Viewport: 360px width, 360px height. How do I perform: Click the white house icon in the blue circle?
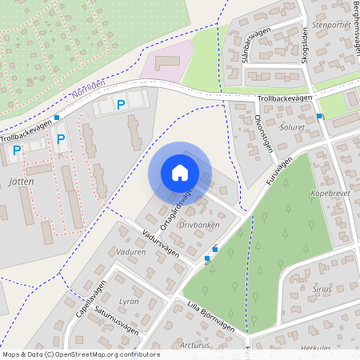(180, 172)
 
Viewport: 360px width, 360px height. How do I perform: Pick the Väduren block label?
(130, 251)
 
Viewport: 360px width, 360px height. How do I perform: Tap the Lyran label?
(129, 302)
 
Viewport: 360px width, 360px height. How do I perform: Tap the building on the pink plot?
(169, 62)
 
